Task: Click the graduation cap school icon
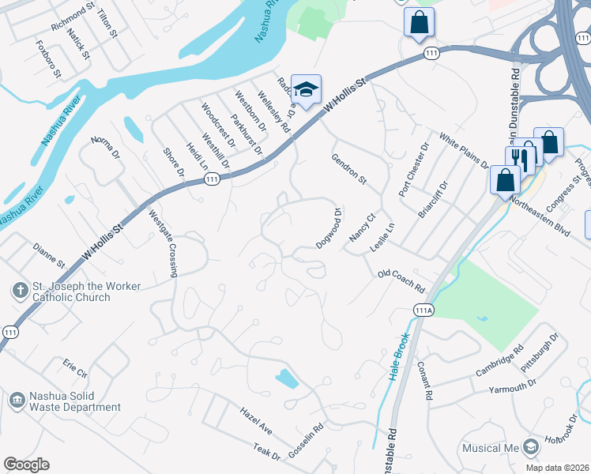pos(306,88)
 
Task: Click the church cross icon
pos(17,291)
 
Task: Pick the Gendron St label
pos(349,169)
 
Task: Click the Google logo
pos(25,465)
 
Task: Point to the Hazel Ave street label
pos(256,419)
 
